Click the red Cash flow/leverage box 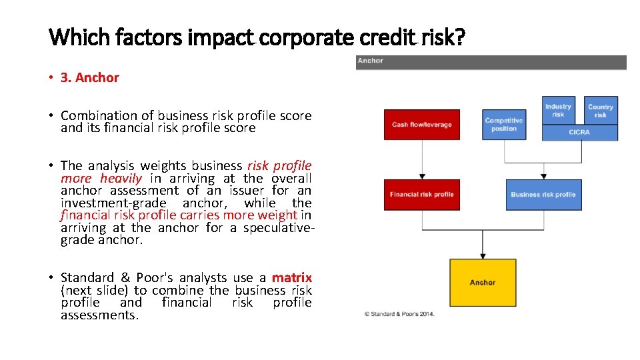click(421, 125)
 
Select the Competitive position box click(503, 125)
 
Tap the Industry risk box click(558, 110)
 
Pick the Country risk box click(600, 110)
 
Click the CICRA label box click(579, 133)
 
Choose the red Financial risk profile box click(421, 195)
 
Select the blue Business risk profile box click(543, 195)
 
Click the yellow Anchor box click(482, 283)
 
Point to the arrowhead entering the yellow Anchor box click(482, 255)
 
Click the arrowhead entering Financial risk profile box click(421, 176)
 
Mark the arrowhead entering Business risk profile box click(543, 176)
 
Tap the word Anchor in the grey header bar click(371, 61)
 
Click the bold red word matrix click(291, 277)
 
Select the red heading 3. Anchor click(89, 77)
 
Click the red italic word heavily click(121, 178)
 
